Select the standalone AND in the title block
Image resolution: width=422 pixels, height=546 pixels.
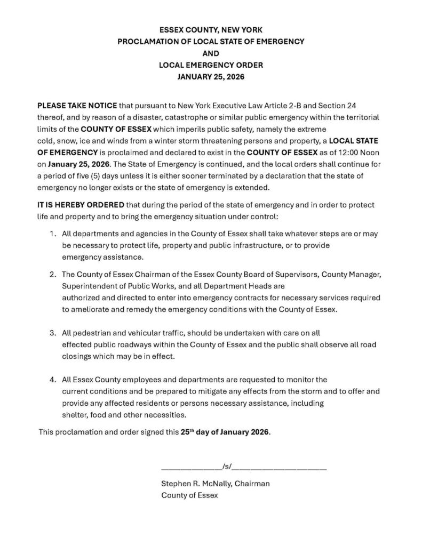coord(211,53)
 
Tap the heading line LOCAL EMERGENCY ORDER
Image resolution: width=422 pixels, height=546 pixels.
coord(211,65)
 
